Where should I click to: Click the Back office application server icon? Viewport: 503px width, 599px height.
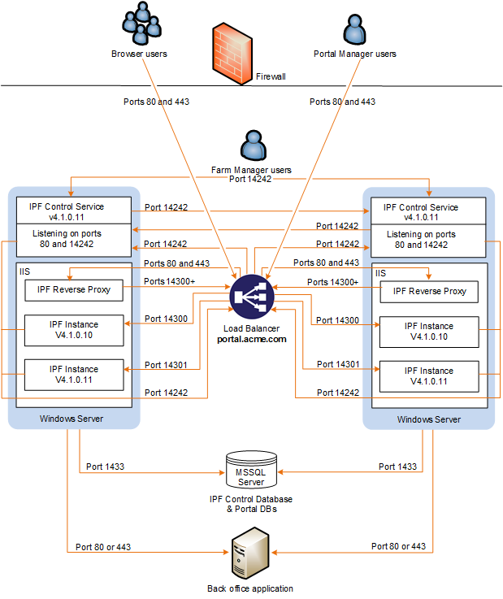coord(250,557)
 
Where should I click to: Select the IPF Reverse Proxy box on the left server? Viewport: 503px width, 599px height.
coord(74,289)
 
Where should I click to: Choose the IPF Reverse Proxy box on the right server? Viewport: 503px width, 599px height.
coord(428,291)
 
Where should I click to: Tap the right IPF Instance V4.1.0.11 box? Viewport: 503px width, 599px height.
coord(428,375)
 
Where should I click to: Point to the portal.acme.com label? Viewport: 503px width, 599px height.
coord(252,339)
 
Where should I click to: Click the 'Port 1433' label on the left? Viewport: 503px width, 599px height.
coord(106,467)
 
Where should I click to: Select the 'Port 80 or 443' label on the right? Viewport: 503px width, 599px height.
coord(398,546)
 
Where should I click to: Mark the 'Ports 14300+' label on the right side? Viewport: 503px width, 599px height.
coord(332,281)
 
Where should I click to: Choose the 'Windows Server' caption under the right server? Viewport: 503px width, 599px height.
coord(428,419)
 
